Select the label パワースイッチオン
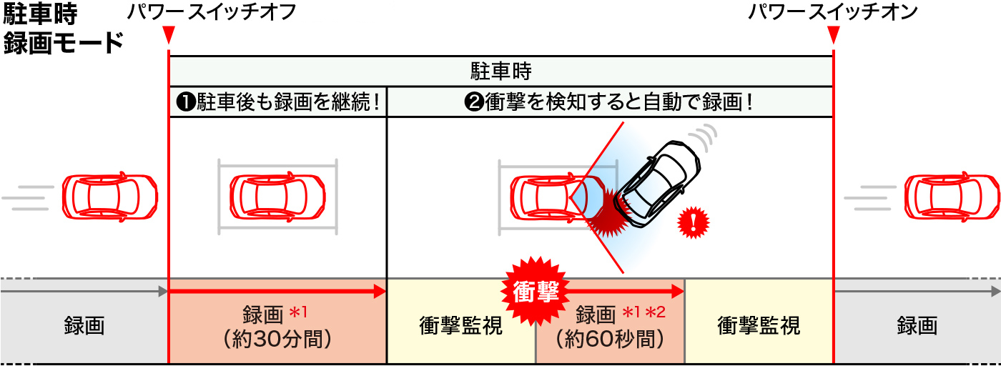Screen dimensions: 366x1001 [833, 12]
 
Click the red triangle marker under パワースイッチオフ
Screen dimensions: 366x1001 [168, 34]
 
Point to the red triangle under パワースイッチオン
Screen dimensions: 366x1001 [834, 34]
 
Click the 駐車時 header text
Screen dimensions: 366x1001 [500, 71]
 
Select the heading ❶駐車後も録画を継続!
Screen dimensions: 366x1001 [277, 102]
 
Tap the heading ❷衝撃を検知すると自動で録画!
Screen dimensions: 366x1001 [609, 102]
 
